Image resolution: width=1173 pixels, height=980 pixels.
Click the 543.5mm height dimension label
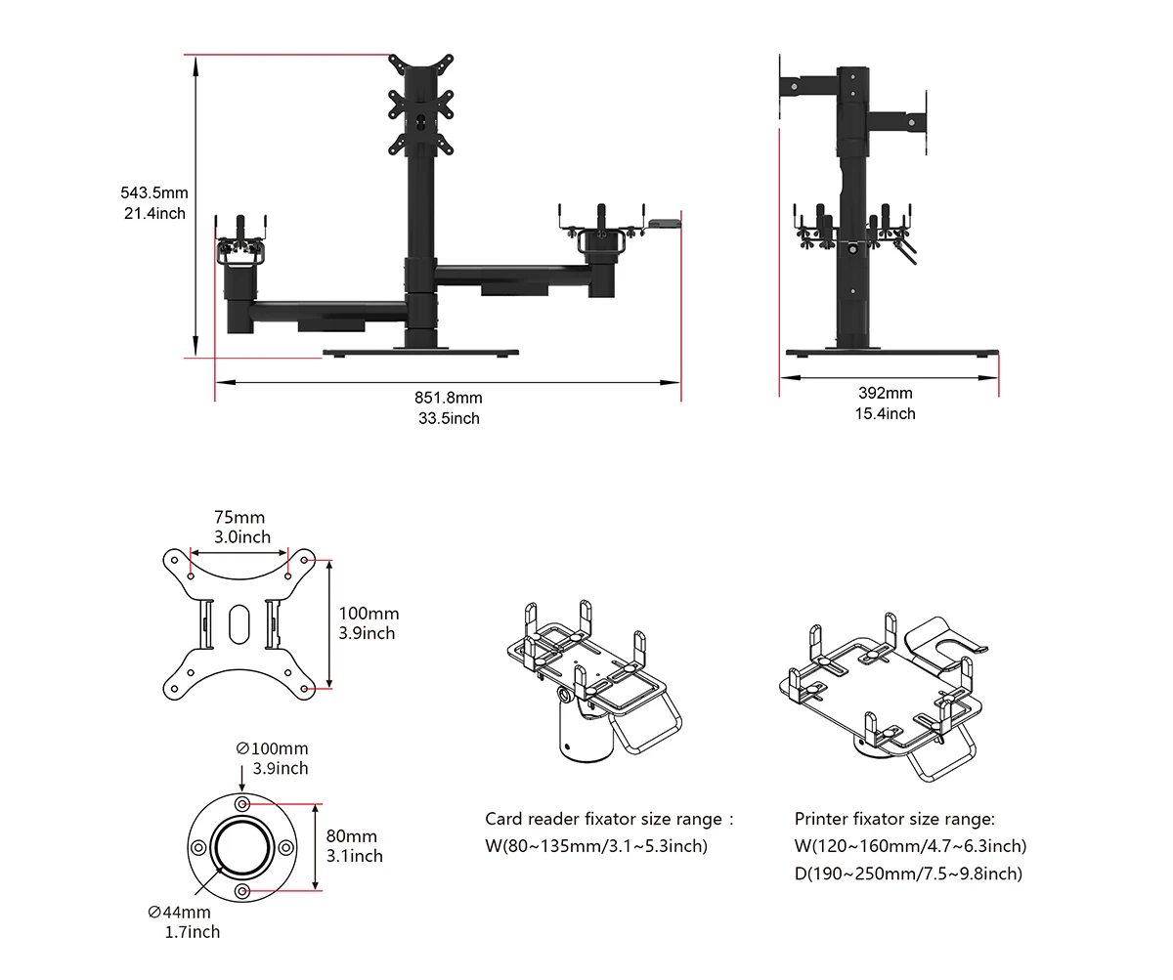[153, 193]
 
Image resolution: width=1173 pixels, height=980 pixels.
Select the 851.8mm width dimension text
[448, 398]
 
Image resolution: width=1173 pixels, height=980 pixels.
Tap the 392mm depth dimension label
[886, 393]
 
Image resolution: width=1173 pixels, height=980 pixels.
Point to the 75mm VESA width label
[239, 518]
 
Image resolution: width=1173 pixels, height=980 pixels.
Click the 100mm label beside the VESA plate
[369, 614]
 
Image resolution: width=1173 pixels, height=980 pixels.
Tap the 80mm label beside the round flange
[352, 836]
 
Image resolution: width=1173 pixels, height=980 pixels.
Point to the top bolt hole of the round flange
[241, 802]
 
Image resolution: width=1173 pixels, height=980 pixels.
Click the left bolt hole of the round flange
[198, 847]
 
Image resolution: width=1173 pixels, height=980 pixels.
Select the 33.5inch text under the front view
[448, 418]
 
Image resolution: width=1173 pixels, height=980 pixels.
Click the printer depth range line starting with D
[908, 873]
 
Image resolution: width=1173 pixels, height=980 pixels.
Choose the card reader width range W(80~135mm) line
[596, 846]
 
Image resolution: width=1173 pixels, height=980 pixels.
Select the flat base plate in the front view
[420, 352]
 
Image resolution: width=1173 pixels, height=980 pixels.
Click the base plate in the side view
[892, 353]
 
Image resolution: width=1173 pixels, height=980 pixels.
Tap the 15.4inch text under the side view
[886, 413]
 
